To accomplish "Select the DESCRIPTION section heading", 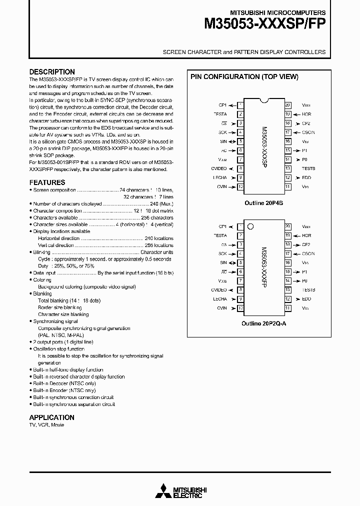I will point(52,72).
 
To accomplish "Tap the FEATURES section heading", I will point(47,182).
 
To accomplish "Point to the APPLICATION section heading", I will point(51,417).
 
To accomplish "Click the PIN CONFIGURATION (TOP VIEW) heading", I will point(244,76).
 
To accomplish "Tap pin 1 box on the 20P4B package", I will point(241,105).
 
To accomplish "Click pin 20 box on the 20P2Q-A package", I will point(287,226).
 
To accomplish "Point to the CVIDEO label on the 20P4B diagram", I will point(218,168).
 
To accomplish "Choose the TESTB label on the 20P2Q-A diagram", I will point(308,290).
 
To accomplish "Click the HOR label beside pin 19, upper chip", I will point(306,114).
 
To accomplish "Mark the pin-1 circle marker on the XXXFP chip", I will point(251,226).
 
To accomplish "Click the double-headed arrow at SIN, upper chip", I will point(232,141).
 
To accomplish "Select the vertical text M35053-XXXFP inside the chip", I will point(264,267).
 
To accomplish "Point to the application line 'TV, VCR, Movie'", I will point(46,424).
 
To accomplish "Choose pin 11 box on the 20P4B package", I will point(287,186).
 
